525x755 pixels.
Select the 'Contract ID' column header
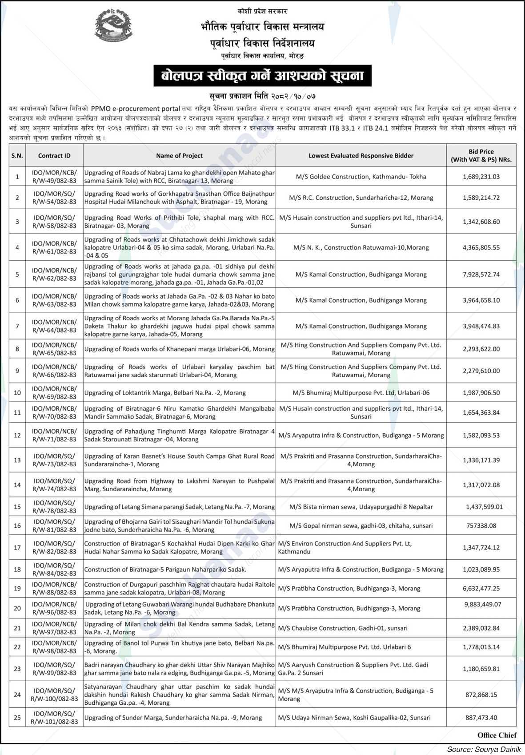click(54, 156)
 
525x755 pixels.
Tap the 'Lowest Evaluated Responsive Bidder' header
click(361, 156)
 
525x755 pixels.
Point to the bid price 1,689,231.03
click(481, 177)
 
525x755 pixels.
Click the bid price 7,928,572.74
click(481, 275)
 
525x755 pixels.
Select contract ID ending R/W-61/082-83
click(54, 247)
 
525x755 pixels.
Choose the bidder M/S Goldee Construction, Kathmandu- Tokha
click(361, 177)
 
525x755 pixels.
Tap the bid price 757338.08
click(481, 525)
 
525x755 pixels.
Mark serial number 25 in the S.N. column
click(17, 718)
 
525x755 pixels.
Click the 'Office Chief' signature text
click(497, 735)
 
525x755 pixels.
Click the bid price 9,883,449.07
click(482, 604)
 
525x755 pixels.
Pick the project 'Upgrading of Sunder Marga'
click(173, 718)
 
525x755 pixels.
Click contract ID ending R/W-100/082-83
click(54, 694)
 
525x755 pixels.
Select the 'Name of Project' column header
click(179, 156)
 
